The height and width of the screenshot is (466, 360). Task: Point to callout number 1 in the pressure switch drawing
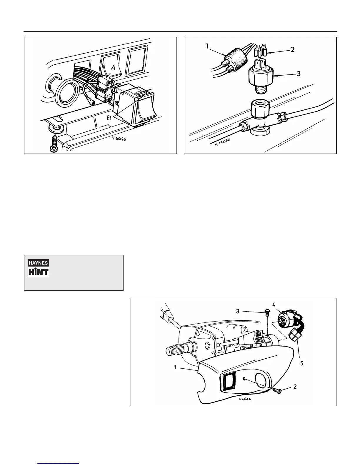(x=207, y=46)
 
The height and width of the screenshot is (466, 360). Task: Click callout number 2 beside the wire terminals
(x=292, y=49)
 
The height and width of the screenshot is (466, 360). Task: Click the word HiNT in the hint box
(x=39, y=272)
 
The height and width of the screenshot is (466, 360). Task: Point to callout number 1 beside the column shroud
(x=175, y=367)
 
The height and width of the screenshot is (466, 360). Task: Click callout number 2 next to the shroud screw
(x=295, y=387)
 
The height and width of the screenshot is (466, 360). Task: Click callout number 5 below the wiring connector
(x=301, y=363)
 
